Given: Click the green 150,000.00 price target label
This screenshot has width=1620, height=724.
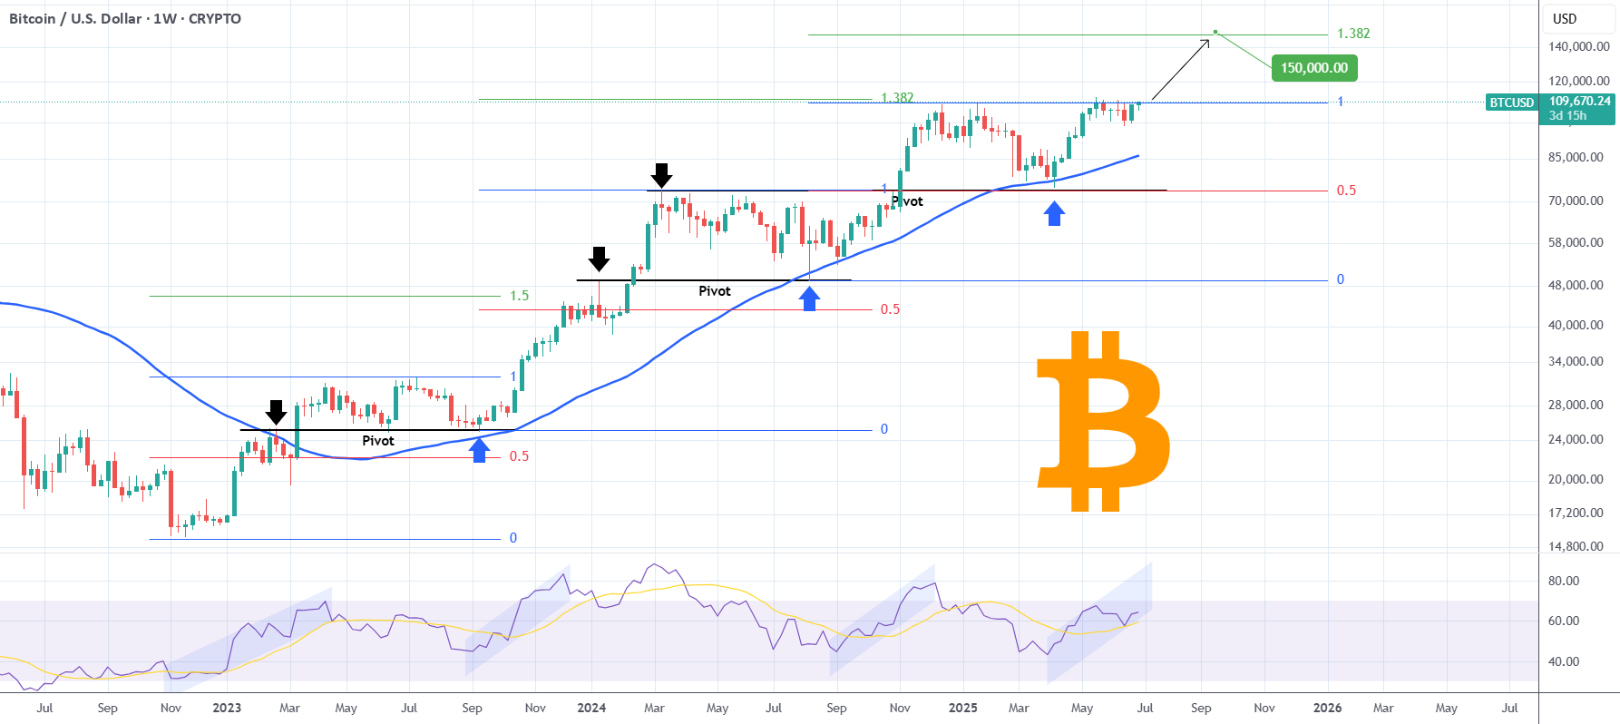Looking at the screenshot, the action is pyautogui.click(x=1314, y=68).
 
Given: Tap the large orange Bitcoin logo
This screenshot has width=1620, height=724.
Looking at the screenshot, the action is pyautogui.click(x=1102, y=421).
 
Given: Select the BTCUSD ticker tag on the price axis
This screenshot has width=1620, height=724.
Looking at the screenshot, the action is pyautogui.click(x=1512, y=103).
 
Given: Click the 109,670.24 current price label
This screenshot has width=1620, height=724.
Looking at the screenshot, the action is pyautogui.click(x=1580, y=102).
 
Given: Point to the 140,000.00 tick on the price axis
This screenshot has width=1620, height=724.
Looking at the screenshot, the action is pyautogui.click(x=1579, y=46).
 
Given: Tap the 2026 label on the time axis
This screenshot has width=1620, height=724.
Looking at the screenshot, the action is pyautogui.click(x=1327, y=708).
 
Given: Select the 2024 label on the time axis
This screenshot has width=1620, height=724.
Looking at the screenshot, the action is pyautogui.click(x=591, y=708).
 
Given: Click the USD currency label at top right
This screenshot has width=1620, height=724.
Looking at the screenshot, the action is pyautogui.click(x=1565, y=18).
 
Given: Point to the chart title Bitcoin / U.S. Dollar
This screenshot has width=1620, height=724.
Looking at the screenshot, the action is pyautogui.click(x=75, y=18).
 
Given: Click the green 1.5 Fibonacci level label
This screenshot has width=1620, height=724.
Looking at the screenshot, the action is pyautogui.click(x=519, y=296).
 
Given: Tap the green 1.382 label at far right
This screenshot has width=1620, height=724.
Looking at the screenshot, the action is pyautogui.click(x=1353, y=34).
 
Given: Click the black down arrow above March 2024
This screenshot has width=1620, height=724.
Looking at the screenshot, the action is pyautogui.click(x=662, y=175).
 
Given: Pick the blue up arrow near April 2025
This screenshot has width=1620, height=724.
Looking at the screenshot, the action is pyautogui.click(x=1054, y=213).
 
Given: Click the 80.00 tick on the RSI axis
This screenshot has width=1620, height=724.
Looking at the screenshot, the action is pyautogui.click(x=1564, y=581).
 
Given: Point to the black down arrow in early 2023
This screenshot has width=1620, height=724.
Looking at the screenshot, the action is pyautogui.click(x=276, y=412).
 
